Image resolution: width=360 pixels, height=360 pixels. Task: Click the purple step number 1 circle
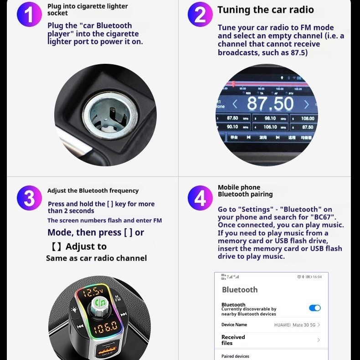29,15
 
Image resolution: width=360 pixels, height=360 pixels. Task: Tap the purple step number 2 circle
200,15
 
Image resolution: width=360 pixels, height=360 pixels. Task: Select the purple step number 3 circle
29,199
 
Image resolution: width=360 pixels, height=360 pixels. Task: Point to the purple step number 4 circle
200,199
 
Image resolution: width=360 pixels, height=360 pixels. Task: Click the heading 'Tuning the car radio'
265,10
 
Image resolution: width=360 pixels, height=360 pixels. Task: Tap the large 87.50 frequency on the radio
270,104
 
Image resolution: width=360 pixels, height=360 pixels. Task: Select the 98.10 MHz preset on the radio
270,118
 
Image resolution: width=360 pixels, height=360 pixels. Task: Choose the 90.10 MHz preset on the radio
232,127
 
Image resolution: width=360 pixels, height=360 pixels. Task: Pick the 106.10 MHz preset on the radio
270,127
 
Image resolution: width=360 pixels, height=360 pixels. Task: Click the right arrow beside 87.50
306,104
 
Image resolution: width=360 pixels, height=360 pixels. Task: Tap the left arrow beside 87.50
235,104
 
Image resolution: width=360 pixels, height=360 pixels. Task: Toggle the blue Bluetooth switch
314,308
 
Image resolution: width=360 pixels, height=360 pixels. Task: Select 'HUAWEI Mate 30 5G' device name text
294,325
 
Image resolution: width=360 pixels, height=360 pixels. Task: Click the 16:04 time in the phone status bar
317,277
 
